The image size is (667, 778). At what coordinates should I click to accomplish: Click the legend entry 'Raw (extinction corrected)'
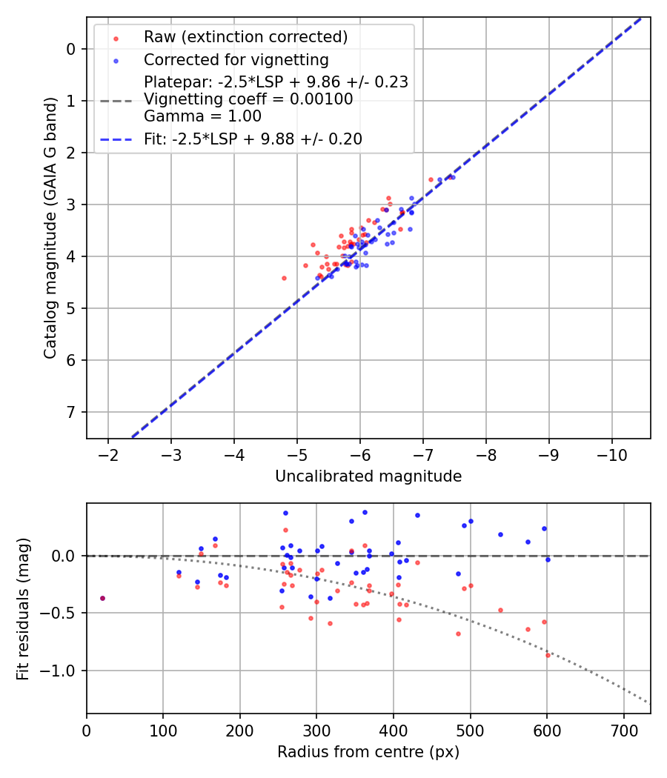tap(245, 37)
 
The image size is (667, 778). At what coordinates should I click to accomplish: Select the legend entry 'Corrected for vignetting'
tap(236, 59)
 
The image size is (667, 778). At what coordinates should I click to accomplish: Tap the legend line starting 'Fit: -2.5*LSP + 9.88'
tap(253, 139)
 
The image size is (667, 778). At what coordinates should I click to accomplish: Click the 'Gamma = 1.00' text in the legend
tap(202, 116)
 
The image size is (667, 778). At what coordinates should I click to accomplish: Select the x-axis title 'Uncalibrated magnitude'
tap(368, 476)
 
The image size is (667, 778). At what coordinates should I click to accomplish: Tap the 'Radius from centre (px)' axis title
tap(368, 752)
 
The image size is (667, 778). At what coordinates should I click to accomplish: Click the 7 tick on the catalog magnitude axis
tap(72, 412)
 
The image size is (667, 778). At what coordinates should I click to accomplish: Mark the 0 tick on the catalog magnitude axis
tap(72, 49)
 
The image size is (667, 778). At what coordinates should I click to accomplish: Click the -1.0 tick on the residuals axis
tap(62, 671)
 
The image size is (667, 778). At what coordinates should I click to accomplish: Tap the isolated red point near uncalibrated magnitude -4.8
tap(284, 278)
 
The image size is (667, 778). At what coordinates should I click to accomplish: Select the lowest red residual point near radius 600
tap(548, 655)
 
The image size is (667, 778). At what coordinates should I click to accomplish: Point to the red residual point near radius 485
tap(458, 634)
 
